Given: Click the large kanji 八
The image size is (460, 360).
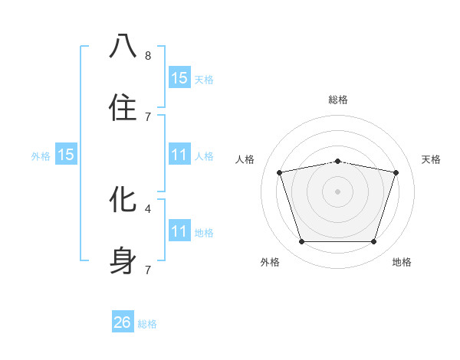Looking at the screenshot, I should (x=123, y=47).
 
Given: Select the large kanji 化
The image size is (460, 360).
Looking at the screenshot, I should (x=123, y=200).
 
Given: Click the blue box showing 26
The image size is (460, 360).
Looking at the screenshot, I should (x=123, y=322).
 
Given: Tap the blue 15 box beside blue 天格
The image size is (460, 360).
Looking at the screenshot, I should (x=179, y=78).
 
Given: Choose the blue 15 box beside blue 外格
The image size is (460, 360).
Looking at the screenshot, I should (x=66, y=155).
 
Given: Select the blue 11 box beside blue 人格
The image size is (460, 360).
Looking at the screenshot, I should (x=179, y=155).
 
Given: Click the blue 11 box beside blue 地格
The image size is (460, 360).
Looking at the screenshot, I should (x=179, y=231).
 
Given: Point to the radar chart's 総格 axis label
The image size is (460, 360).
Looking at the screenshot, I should (x=337, y=100).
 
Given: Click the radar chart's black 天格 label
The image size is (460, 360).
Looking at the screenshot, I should (x=432, y=159).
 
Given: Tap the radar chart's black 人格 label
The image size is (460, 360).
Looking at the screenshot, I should (x=245, y=159).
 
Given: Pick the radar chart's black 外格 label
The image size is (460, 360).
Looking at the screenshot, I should (x=270, y=262).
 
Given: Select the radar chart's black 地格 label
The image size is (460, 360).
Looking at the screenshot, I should (x=402, y=262).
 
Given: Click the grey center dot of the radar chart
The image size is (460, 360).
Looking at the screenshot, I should (x=337, y=191).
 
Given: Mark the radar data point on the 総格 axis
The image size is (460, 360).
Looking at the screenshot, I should (x=337, y=162).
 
